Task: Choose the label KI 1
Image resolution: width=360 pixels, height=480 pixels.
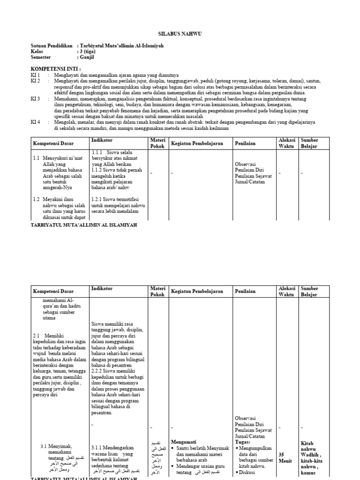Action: (x=36, y=75)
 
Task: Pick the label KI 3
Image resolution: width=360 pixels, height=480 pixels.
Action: (x=36, y=99)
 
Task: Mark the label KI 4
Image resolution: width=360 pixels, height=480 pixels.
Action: (x=36, y=122)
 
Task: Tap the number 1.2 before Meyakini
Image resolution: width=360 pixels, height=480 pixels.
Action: (x=36, y=199)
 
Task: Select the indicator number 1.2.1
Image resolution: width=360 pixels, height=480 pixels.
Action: (x=97, y=199)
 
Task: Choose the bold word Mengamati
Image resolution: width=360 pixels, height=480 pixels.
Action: (x=183, y=441)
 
